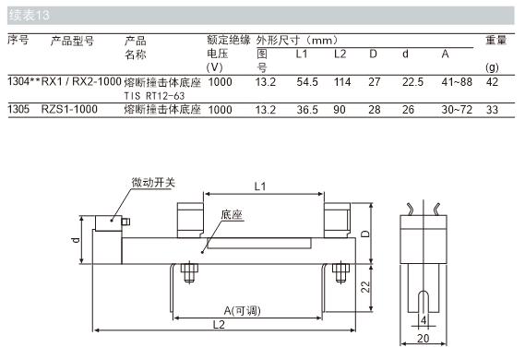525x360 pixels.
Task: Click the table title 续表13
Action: pos(30,15)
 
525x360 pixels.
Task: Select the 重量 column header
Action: pos(495,41)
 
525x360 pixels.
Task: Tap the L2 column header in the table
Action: pos(340,54)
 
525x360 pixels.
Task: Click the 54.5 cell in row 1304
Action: pos(307,82)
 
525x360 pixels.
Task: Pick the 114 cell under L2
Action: pos(342,82)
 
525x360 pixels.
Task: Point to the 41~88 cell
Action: pos(457,82)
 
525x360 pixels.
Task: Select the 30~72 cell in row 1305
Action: pos(457,110)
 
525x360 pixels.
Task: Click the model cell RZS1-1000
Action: pos(69,109)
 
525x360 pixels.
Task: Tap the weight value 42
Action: pos(492,82)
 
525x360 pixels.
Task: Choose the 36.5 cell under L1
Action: pos(307,110)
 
